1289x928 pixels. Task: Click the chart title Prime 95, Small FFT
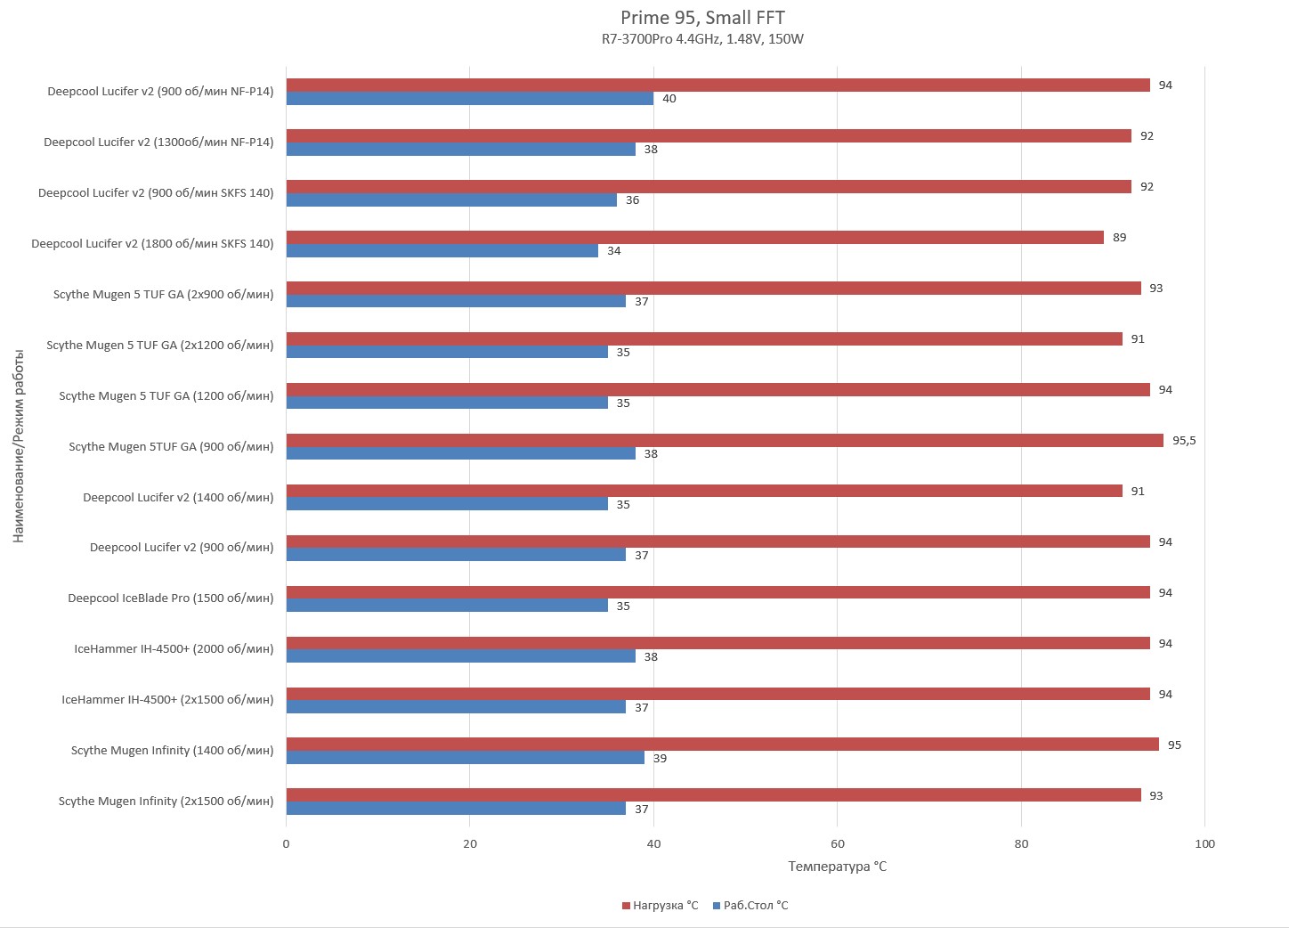[x=702, y=18]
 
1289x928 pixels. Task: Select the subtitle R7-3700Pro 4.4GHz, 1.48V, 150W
[x=702, y=39]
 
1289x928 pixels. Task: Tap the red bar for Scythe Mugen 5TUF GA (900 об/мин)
[x=724, y=440]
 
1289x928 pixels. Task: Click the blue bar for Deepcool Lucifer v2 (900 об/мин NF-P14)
[x=469, y=99]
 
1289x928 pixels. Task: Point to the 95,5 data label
[x=1184, y=441]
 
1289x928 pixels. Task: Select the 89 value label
[x=1119, y=238]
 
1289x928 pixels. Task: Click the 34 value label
[x=614, y=251]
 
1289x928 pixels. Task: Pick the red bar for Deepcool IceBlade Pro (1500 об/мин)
[x=717, y=592]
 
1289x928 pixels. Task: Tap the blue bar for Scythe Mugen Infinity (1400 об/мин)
[x=465, y=758]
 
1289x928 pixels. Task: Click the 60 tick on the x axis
[x=837, y=844]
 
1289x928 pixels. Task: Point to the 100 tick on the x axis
[x=1204, y=844]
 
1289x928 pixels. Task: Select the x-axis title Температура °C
[x=837, y=867]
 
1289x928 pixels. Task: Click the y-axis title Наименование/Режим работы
[x=19, y=446]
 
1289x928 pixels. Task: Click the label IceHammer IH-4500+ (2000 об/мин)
[x=174, y=649]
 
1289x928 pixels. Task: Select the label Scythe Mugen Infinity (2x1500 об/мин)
[x=166, y=802]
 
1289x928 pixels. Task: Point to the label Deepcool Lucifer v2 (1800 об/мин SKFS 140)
[x=152, y=244]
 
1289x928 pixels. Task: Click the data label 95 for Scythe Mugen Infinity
[x=1174, y=745]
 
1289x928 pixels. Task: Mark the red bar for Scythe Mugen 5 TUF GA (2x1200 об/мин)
[x=703, y=338]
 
